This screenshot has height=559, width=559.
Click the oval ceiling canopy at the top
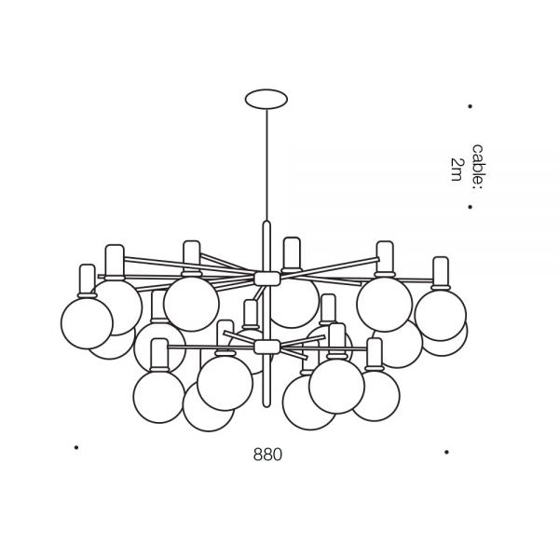click(x=266, y=98)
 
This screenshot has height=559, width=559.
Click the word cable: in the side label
click(x=477, y=167)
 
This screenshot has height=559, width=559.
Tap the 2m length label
click(x=456, y=170)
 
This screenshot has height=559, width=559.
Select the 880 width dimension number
click(x=266, y=456)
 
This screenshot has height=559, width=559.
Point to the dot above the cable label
click(x=470, y=107)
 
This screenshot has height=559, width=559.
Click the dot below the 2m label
click(x=470, y=207)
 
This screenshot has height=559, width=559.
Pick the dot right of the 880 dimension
click(x=448, y=452)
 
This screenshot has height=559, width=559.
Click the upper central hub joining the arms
click(x=266, y=278)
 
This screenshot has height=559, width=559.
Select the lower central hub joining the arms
click(x=266, y=347)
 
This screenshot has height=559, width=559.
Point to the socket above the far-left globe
click(x=88, y=278)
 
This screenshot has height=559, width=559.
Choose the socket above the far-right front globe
click(x=440, y=273)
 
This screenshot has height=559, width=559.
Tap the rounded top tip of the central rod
click(x=266, y=224)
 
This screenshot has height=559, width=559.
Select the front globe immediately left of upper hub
click(x=191, y=303)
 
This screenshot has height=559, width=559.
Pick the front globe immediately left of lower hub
click(x=225, y=382)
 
